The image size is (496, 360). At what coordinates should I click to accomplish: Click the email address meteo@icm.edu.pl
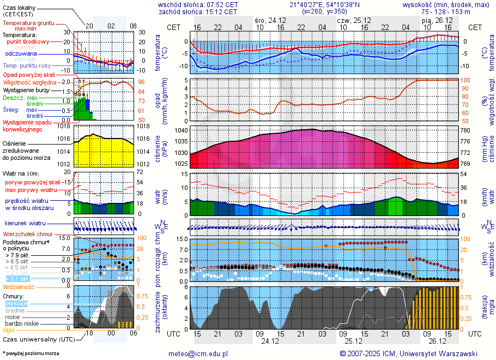coord(200,353)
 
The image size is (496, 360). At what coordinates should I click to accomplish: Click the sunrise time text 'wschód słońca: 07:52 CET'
coord(198,4)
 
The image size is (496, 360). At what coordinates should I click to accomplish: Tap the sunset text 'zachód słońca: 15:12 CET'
coord(198,11)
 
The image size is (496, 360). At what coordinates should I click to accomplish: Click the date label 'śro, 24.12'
coord(270,20)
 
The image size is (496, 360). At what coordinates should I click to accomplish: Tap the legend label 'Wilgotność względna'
coord(29,82)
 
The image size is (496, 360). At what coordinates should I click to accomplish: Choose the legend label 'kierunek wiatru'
coord(25,224)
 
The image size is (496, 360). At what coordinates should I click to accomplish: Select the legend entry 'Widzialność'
coord(19,286)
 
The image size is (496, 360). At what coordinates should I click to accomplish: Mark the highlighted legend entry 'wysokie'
coord(16,303)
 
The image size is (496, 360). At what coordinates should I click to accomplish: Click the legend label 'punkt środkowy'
coord(28,41)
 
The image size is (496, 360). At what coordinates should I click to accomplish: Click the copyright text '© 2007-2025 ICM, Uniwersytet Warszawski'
coord(408,353)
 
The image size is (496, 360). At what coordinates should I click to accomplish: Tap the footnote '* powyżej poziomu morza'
coord(31,353)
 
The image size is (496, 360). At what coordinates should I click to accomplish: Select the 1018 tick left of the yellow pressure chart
coord(65,126)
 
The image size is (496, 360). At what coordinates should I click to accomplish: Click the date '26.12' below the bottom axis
coord(437,341)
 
